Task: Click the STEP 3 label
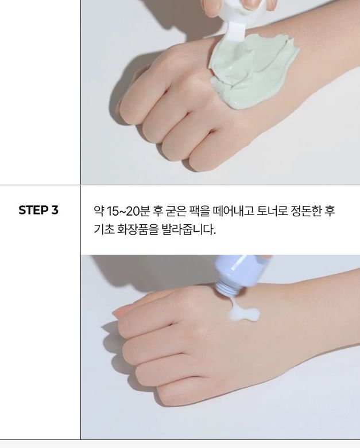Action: pyautogui.click(x=38, y=210)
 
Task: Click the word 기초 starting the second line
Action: pyautogui.click(x=104, y=229)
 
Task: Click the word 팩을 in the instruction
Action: pyautogui.click(x=196, y=212)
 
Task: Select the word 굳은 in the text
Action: pyautogui.click(x=176, y=212)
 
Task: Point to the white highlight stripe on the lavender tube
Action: pyautogui.click(x=239, y=263)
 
